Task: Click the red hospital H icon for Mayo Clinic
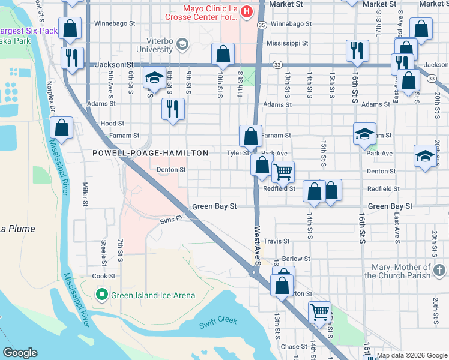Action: [x=245, y=12]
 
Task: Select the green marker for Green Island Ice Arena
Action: [x=102, y=295]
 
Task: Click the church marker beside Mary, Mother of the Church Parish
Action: [x=440, y=269]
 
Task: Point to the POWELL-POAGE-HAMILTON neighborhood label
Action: [x=150, y=154]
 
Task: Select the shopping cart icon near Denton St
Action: [x=283, y=172]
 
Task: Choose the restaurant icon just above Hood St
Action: [x=173, y=109]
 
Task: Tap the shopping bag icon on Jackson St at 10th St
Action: [x=223, y=55]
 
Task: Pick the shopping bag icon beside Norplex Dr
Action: [x=61, y=127]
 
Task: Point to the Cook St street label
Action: [x=104, y=276]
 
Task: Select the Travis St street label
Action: [x=277, y=241]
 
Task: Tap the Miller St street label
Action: [x=85, y=195]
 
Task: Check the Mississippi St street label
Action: [x=287, y=43]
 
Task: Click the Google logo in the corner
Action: [x=20, y=353]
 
